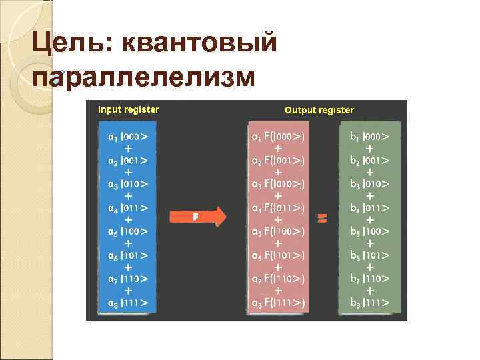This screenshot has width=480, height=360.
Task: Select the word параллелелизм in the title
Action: coord(143,77)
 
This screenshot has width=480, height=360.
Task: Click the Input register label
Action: coord(129,109)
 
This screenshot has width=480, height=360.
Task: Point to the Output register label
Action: coord(319,110)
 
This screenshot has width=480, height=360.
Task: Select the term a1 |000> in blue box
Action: coord(128,136)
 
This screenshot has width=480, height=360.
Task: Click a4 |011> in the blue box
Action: coord(128,208)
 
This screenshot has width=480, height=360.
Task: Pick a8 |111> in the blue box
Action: coord(128,303)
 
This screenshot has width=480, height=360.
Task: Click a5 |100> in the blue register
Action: coord(128,231)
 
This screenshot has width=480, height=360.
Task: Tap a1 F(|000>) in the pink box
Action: coord(278,137)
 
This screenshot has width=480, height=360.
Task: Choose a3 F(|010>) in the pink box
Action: coord(278,184)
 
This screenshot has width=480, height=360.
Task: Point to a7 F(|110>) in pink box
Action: coord(278,279)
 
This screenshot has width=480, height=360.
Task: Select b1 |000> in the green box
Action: coord(370,136)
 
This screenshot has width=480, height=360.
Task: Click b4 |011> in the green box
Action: coord(370,208)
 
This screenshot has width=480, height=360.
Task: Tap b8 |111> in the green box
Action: coord(370,303)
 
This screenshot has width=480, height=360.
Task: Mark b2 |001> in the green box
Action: coord(370,160)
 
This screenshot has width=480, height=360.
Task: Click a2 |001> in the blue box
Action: coord(128,160)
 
